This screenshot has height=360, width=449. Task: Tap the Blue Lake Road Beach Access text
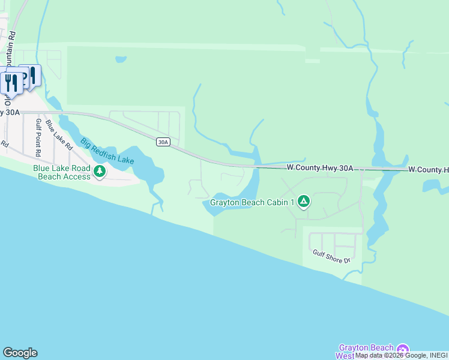pos(62,172)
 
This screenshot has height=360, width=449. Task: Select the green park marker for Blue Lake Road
pos(100,172)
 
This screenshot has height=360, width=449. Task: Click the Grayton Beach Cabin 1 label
pos(252,203)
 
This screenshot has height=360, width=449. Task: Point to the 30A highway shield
pos(163,142)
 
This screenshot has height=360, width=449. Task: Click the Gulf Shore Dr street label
pos(331,257)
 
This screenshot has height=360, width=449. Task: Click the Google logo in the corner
pos(20,353)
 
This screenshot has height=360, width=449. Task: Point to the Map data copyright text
pos(401,356)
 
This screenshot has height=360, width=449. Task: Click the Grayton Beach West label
pos(366,352)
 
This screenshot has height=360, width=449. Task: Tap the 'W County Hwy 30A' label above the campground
pos(319,169)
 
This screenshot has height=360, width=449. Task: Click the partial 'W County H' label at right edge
pos(428,170)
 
